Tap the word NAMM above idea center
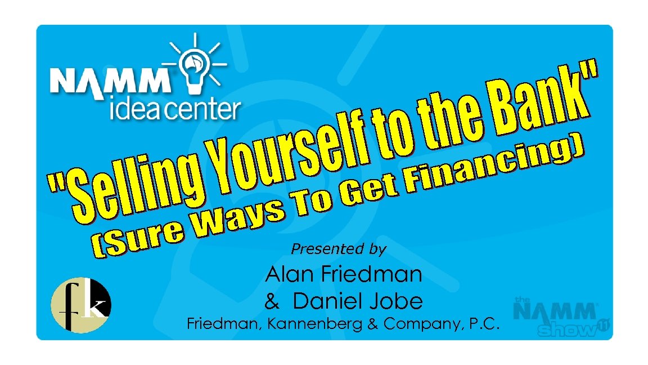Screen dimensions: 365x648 [110, 81]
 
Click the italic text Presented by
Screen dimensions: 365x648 [338, 248]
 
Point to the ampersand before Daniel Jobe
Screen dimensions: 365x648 [272, 302]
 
